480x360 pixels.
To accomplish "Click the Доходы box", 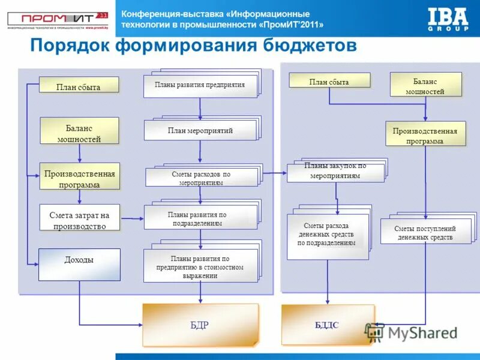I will [x=79, y=264].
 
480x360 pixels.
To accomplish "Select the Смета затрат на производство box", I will [x=79, y=217].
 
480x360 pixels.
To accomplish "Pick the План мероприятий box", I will [x=200, y=130].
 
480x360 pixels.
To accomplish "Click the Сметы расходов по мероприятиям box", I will [x=201, y=178].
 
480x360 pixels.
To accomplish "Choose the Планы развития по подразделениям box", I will [x=200, y=218].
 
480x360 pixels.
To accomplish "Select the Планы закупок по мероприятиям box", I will [x=335, y=172].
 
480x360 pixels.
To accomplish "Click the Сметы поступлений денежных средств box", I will [x=425, y=232].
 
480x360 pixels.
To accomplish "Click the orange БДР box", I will [x=200, y=325].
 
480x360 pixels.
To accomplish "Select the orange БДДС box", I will [x=328, y=325].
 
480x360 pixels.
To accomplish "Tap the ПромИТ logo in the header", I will [x=58, y=19].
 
